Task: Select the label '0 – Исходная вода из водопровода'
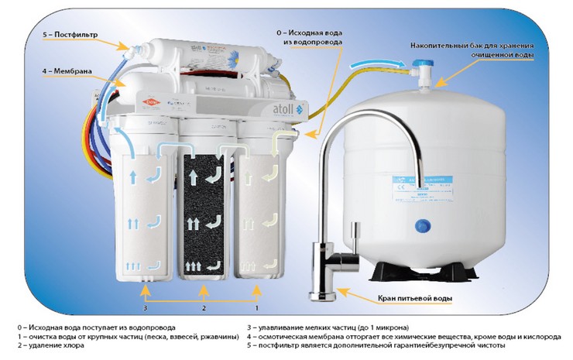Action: [x=313, y=38]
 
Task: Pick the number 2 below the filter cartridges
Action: [x=203, y=308]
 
